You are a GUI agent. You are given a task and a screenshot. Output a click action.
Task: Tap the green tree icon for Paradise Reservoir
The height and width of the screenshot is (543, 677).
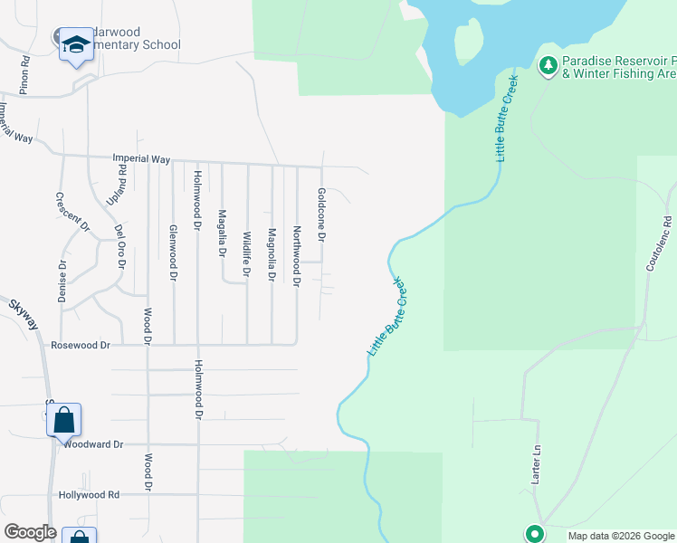[x=548, y=65]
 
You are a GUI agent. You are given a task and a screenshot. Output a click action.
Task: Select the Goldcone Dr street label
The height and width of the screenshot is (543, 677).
[x=320, y=214]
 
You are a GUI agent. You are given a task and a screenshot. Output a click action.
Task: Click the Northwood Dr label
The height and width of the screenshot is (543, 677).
[x=296, y=256]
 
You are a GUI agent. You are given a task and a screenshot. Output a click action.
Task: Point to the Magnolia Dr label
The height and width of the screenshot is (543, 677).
[x=271, y=254]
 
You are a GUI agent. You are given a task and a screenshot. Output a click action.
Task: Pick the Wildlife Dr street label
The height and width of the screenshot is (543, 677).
[x=246, y=253]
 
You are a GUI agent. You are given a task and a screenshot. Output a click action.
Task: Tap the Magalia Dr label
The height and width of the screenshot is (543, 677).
[x=222, y=233]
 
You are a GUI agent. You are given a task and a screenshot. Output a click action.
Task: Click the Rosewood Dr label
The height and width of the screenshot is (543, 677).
[x=81, y=345]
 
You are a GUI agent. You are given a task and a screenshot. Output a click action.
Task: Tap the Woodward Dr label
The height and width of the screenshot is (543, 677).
[x=91, y=444]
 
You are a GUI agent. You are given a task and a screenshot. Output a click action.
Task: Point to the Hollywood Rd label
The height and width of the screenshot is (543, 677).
[x=89, y=495]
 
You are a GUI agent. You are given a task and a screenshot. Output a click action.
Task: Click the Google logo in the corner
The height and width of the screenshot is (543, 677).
[x=30, y=533]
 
